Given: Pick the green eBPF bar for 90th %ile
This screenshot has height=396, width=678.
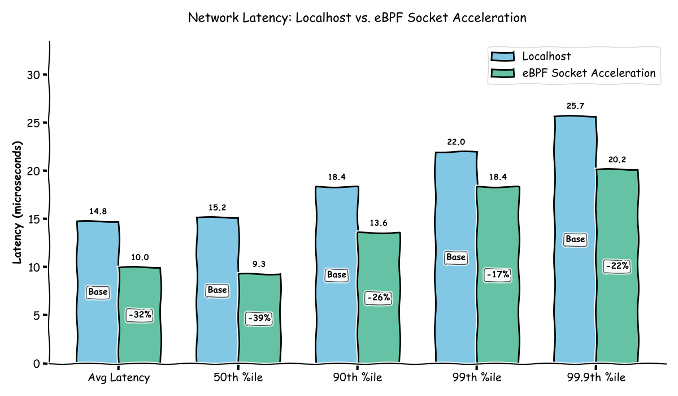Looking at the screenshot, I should (x=379, y=334).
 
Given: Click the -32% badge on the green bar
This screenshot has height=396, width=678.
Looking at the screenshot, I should (x=140, y=315).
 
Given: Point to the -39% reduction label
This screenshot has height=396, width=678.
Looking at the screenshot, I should (x=259, y=318).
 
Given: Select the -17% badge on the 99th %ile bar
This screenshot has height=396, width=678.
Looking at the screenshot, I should (x=498, y=275).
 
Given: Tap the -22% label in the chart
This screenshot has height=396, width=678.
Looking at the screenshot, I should (x=617, y=266).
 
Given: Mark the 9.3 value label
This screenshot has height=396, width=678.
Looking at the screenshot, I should (x=259, y=264).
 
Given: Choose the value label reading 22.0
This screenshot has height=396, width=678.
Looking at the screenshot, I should (x=456, y=142).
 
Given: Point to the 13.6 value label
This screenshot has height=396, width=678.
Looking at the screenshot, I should (x=379, y=223).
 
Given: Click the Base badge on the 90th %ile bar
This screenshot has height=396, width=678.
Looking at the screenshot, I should (x=336, y=275).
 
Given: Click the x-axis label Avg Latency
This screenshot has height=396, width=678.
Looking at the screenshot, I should (x=119, y=377).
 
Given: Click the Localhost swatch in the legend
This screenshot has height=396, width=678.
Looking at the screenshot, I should (x=503, y=56).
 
